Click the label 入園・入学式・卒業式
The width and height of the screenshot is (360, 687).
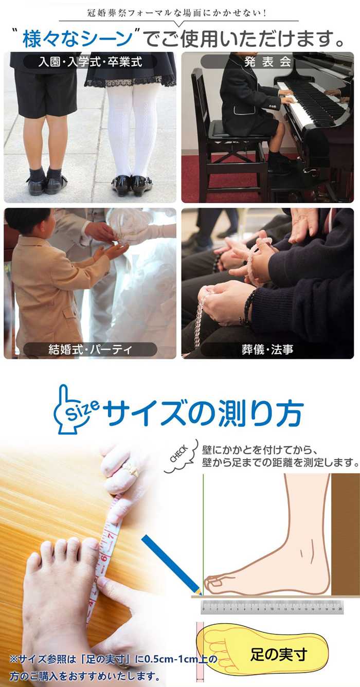tap(90, 62)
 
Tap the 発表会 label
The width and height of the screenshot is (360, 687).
tap(267, 62)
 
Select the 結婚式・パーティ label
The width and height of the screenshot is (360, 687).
tap(90, 349)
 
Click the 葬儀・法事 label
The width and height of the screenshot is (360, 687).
tap(267, 349)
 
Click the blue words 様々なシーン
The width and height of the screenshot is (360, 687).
tap(78, 39)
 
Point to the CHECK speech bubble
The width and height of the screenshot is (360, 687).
tap(180, 456)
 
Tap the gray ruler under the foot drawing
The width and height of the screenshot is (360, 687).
tap(272, 607)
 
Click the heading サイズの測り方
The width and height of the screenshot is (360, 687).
tap(204, 413)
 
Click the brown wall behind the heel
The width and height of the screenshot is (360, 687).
tap(345, 534)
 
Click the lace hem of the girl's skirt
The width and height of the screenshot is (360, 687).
tap(131, 82)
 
